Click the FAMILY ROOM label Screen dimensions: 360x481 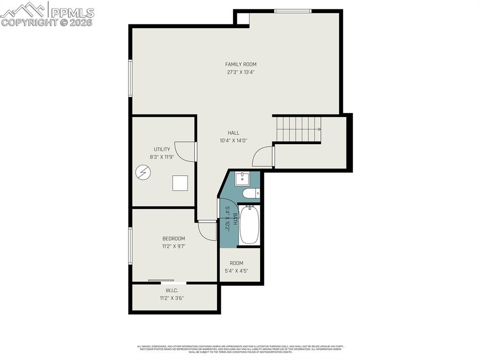(x=240, y=64)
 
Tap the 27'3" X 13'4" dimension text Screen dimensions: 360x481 (x=240, y=72)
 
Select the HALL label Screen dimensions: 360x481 (x=233, y=133)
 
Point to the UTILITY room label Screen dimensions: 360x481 (x=162, y=149)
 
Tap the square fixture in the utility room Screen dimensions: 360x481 (x=180, y=183)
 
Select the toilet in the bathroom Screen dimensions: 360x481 (x=250, y=193)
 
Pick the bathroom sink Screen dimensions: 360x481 (x=242, y=179)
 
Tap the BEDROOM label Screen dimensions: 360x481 (x=174, y=238)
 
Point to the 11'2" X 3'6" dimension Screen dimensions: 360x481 (x=175, y=298)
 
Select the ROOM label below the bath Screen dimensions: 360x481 (x=236, y=263)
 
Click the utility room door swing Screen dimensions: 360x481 (x=186, y=152)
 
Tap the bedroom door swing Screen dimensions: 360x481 (x=207, y=230)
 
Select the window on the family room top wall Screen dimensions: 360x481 (x=293, y=11)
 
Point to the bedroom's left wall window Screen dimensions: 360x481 (x=131, y=245)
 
